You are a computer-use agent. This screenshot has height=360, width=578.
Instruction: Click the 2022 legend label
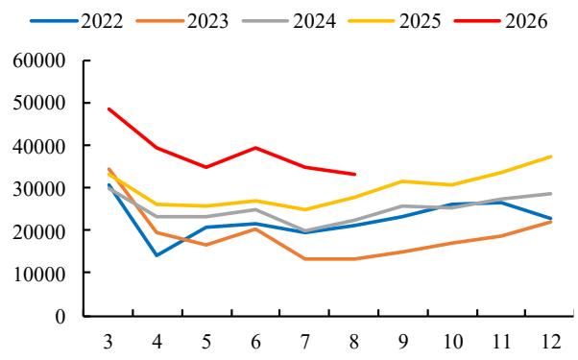(x=102, y=21)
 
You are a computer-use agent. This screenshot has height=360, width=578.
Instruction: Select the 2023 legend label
(x=208, y=21)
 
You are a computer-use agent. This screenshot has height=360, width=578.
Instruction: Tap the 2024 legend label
(x=314, y=21)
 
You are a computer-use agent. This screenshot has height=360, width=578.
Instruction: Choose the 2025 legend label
(x=420, y=21)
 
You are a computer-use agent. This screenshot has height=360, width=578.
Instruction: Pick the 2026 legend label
(x=526, y=21)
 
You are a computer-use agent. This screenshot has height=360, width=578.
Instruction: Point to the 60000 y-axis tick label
(x=39, y=60)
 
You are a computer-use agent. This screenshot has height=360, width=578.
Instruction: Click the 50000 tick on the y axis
(x=39, y=103)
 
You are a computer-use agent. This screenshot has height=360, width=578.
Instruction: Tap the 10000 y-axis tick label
(x=39, y=274)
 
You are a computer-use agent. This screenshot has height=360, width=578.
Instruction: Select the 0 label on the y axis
(x=60, y=316)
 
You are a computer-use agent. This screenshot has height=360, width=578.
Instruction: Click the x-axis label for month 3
(x=108, y=343)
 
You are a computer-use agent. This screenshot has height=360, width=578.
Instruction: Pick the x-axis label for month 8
(x=354, y=343)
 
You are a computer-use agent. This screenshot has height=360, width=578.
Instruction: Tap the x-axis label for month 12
(x=551, y=343)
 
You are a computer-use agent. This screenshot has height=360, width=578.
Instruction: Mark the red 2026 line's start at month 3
(x=108, y=109)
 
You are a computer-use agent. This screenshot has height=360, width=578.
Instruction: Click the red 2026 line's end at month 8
(x=354, y=175)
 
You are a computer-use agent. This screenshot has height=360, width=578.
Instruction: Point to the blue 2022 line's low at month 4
(x=157, y=255)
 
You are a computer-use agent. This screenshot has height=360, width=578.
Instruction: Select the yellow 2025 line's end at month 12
(x=551, y=156)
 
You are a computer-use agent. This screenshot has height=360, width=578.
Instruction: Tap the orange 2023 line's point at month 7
(x=305, y=258)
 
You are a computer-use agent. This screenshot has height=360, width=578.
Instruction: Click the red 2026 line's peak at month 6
(x=255, y=148)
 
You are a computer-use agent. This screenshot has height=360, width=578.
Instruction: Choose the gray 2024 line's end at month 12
(x=551, y=194)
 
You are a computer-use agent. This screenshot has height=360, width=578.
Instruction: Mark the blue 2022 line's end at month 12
(x=551, y=219)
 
